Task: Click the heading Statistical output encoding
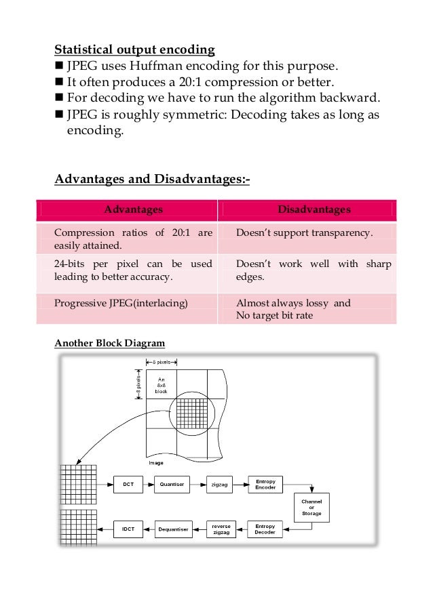click(134, 49)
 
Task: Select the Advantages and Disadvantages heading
click(152, 180)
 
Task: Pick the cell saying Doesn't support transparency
click(304, 233)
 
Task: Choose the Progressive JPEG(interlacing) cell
click(120, 303)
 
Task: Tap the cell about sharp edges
click(313, 270)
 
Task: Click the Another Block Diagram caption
click(109, 343)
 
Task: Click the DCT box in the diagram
click(128, 484)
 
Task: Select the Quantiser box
click(172, 484)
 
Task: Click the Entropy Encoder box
click(265, 484)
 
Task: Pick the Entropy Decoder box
click(265, 527)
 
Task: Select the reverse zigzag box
click(221, 527)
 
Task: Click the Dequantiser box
click(173, 527)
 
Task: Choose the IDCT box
click(128, 527)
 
